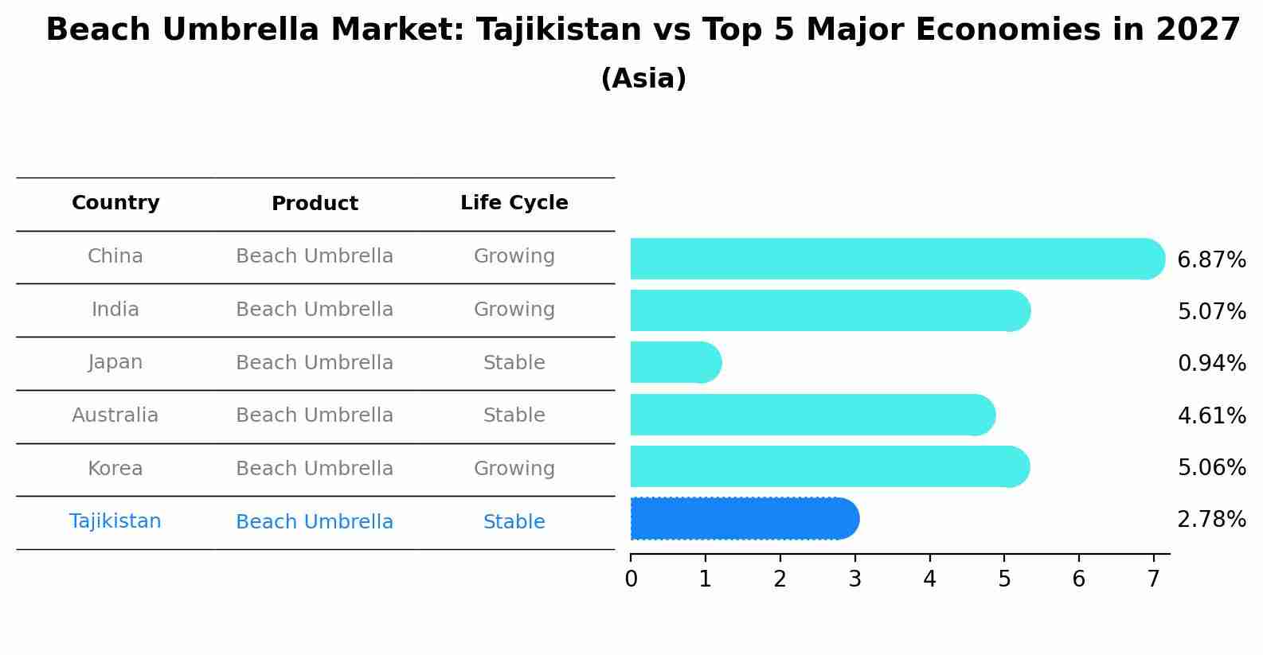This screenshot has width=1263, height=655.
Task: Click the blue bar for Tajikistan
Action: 744,519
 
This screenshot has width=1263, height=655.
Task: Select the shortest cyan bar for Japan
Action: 675,362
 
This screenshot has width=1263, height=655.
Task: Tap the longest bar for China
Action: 896,259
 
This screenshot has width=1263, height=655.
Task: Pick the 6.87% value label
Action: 1211,260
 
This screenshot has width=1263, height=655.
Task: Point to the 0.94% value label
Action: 1211,364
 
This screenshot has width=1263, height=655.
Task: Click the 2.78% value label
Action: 1211,520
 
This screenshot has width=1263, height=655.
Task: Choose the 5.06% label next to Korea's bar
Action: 1211,467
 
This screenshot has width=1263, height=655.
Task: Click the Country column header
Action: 115,203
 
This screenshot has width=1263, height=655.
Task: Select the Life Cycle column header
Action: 514,203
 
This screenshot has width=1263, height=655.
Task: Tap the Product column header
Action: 315,204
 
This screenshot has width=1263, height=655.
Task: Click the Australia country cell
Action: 115,415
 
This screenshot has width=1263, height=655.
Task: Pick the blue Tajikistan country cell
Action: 115,521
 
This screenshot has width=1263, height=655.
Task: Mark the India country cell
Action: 115,310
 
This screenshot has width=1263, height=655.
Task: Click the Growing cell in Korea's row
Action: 514,469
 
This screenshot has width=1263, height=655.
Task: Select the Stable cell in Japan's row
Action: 514,363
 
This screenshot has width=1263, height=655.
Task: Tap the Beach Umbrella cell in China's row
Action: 315,256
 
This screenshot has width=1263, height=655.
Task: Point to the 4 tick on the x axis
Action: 929,579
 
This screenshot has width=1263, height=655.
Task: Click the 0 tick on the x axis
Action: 631,579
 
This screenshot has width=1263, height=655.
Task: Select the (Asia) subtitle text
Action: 643,79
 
